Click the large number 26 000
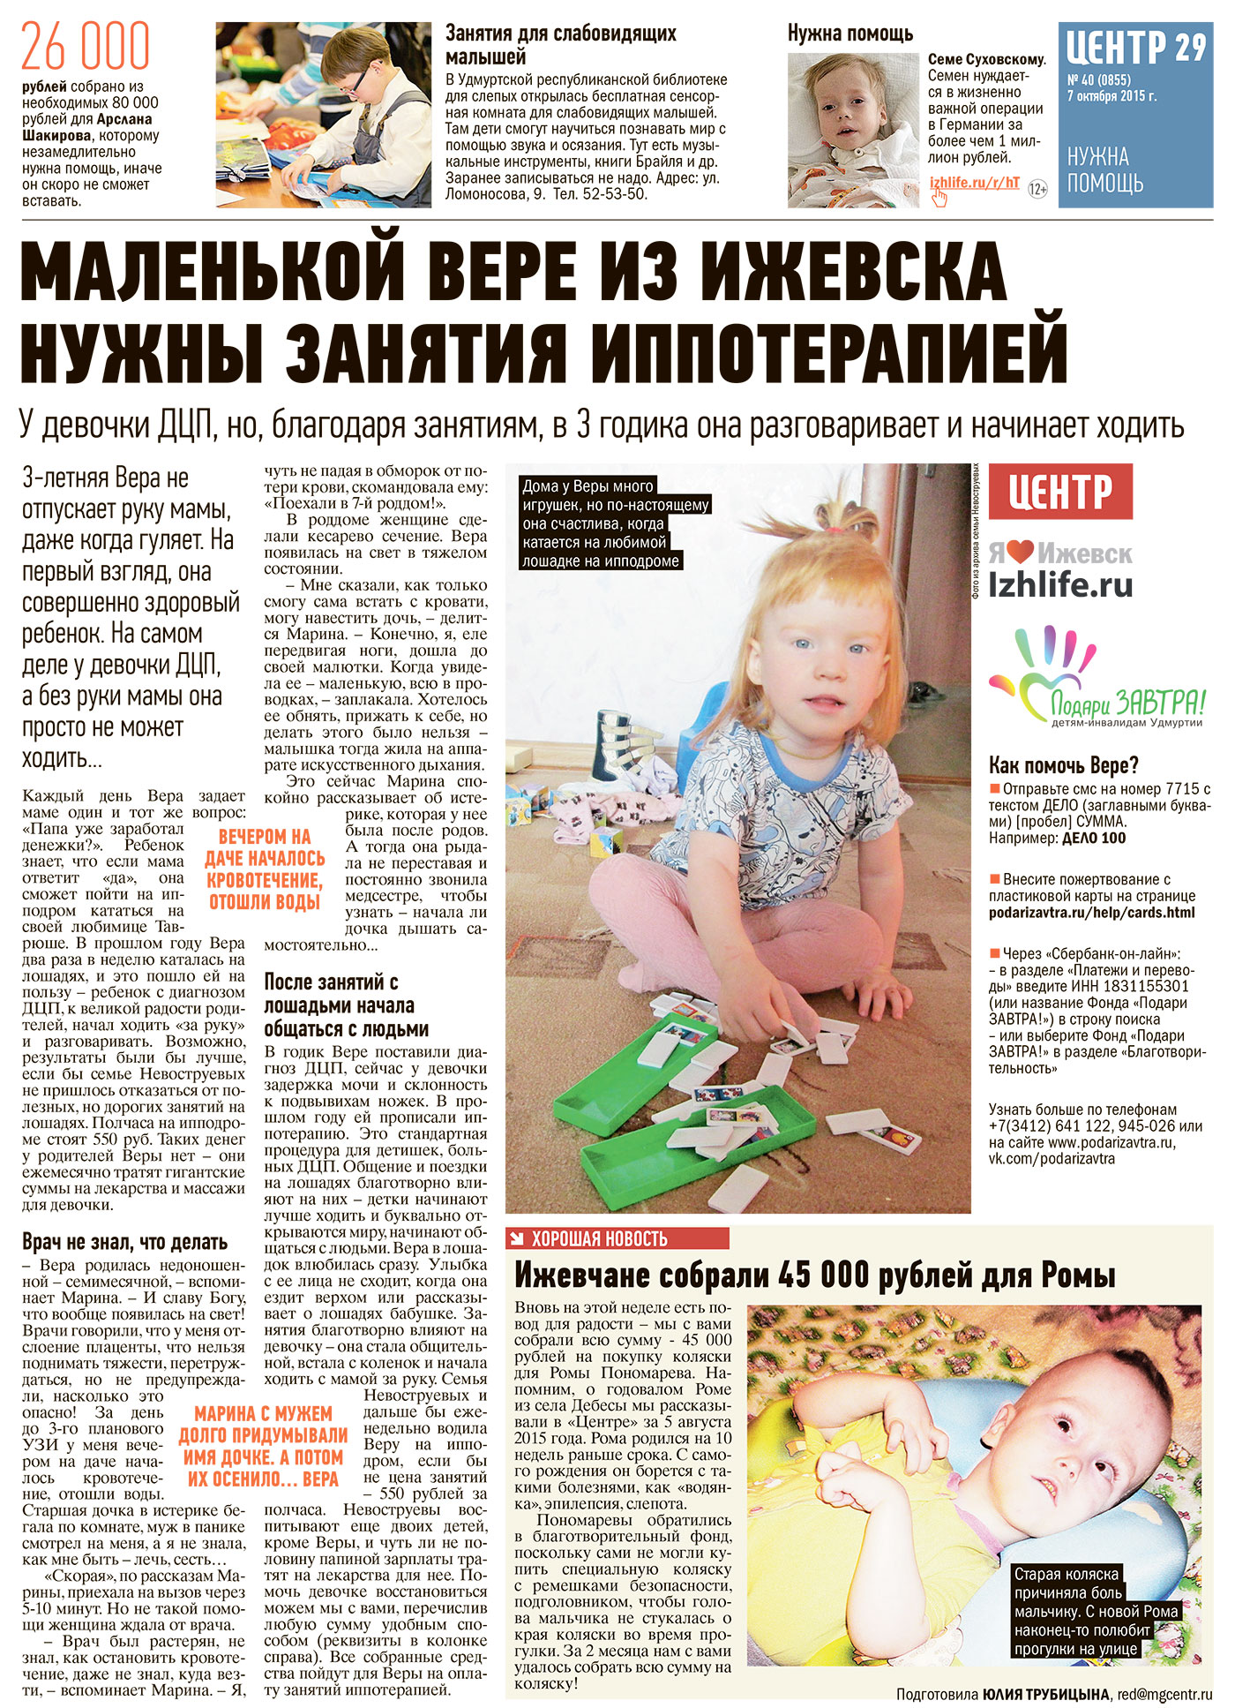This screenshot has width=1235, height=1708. click(x=86, y=48)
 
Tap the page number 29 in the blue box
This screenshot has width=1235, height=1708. click(x=1189, y=47)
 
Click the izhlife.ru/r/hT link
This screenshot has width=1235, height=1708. click(x=974, y=183)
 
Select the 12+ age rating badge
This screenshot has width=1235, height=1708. click(x=1037, y=189)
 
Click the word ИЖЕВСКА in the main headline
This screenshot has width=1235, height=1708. click(x=857, y=270)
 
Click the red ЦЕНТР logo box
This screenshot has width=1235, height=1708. click(x=1060, y=492)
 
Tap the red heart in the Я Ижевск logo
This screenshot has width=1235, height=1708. click(x=1022, y=553)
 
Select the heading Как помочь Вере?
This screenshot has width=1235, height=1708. click(x=1063, y=764)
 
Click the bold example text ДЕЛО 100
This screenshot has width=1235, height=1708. click(x=1094, y=839)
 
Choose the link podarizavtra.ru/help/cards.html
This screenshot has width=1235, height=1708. click(x=1091, y=912)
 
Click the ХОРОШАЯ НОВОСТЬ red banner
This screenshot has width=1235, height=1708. click(x=617, y=1238)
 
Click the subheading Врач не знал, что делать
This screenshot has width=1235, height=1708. click(x=124, y=1243)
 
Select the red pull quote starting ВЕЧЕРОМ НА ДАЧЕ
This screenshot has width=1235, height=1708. click(x=264, y=869)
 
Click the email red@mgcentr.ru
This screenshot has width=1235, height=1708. click(x=1164, y=1694)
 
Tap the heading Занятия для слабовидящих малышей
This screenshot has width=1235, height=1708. click(x=560, y=45)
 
